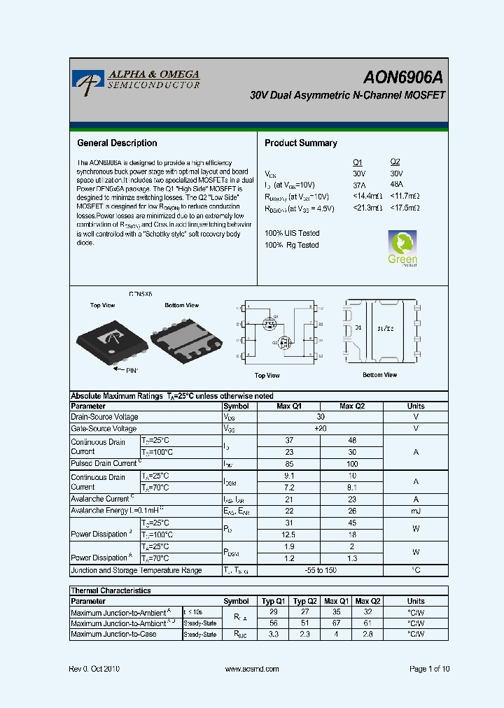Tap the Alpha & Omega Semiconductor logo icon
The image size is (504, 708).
(87, 82)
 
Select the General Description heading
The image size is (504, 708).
(116, 143)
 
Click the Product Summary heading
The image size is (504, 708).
(300, 143)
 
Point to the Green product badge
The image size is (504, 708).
(402, 248)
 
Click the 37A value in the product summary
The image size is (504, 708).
(359, 185)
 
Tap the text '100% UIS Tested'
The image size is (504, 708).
(292, 233)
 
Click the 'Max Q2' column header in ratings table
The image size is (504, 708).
(351, 406)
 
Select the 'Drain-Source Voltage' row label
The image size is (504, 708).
(104, 417)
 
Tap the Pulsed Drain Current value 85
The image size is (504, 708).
(289, 464)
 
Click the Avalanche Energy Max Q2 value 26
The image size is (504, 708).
(351, 511)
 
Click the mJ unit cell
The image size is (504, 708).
(415, 511)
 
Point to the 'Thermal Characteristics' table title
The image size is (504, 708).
(111, 590)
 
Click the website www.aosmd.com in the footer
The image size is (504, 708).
(253, 669)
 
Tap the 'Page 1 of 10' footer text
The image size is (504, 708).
(429, 669)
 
